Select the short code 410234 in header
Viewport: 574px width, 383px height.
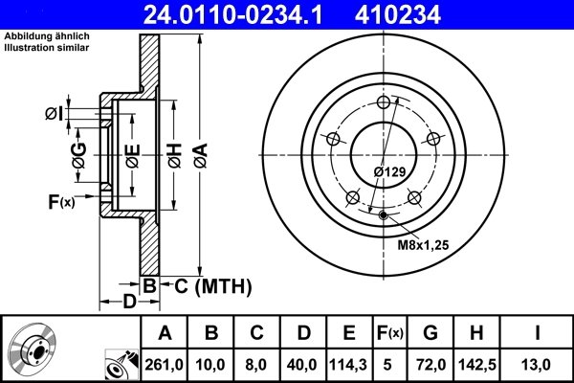tap(430, 14)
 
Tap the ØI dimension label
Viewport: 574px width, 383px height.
tap(55, 115)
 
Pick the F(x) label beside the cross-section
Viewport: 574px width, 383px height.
tap(60, 201)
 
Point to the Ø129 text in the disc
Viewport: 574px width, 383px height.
tap(390, 171)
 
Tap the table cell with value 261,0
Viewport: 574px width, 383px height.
tap(165, 363)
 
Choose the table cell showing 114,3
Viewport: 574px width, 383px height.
tap(349, 363)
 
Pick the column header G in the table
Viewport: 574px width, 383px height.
tap(431, 333)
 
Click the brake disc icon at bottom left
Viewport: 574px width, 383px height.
tap(33, 350)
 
